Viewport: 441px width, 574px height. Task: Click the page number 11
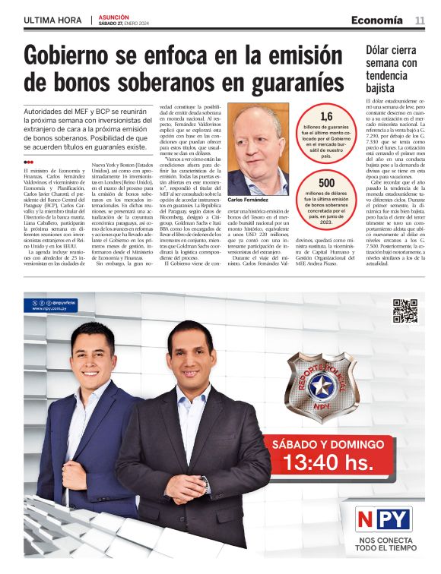tap(420, 20)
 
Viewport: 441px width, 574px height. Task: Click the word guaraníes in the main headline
tap(283, 82)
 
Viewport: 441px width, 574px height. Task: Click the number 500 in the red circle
tap(326, 183)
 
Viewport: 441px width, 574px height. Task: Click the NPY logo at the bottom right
tap(384, 519)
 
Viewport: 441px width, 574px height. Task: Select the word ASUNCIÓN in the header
tap(113, 16)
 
